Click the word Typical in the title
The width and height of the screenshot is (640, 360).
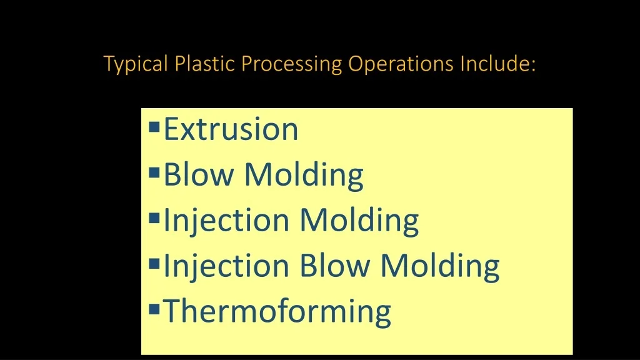point(136,64)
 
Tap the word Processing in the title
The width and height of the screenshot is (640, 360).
point(291,64)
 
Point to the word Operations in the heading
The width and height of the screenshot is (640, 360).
point(401,64)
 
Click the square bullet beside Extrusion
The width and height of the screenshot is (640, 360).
point(154,127)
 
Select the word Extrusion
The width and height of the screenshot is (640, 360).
point(231,129)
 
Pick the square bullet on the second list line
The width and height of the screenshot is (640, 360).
point(154,172)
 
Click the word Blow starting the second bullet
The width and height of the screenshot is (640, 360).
point(199,174)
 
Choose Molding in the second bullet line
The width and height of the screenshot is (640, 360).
point(304,176)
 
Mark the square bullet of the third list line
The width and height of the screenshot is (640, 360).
point(154,218)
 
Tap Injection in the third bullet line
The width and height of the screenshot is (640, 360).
point(226,221)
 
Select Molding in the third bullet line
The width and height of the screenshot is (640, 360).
point(359,221)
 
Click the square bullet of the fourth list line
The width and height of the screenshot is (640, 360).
point(154,264)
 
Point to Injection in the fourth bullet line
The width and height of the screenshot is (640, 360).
point(226,266)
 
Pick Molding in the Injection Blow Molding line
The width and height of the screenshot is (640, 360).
point(440,266)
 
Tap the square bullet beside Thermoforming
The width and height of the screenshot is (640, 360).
point(154,309)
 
